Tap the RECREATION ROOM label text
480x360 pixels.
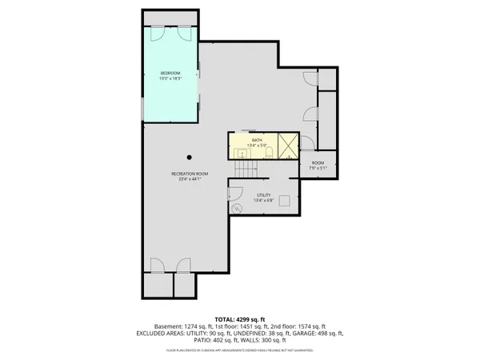point(190,174)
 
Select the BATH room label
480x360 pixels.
point(257,140)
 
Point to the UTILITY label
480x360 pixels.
point(263,194)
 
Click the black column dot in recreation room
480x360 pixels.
point(190,157)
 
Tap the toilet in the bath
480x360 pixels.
point(271,150)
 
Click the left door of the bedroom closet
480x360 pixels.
point(157,34)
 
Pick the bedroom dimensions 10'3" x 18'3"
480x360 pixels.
point(170,78)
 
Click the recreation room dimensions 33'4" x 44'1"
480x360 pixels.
point(190,178)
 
